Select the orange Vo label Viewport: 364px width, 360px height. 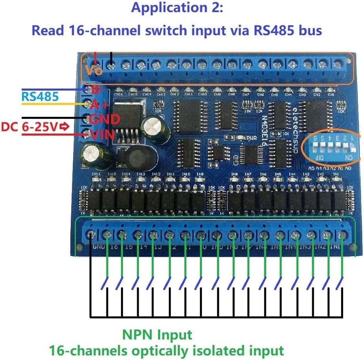94,71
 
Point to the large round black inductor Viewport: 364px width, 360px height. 129,158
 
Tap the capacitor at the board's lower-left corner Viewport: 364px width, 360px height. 92,154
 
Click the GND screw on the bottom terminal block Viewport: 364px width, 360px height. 91,234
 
